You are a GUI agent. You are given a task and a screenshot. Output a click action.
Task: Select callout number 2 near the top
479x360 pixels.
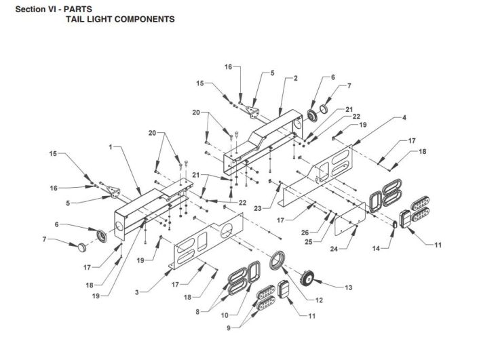click(295, 79)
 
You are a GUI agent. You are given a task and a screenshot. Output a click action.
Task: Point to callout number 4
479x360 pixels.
click(404, 117)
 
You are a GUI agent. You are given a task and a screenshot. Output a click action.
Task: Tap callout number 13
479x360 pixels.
click(348, 287)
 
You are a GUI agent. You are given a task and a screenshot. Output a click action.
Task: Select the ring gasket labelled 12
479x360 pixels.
click(277, 261)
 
